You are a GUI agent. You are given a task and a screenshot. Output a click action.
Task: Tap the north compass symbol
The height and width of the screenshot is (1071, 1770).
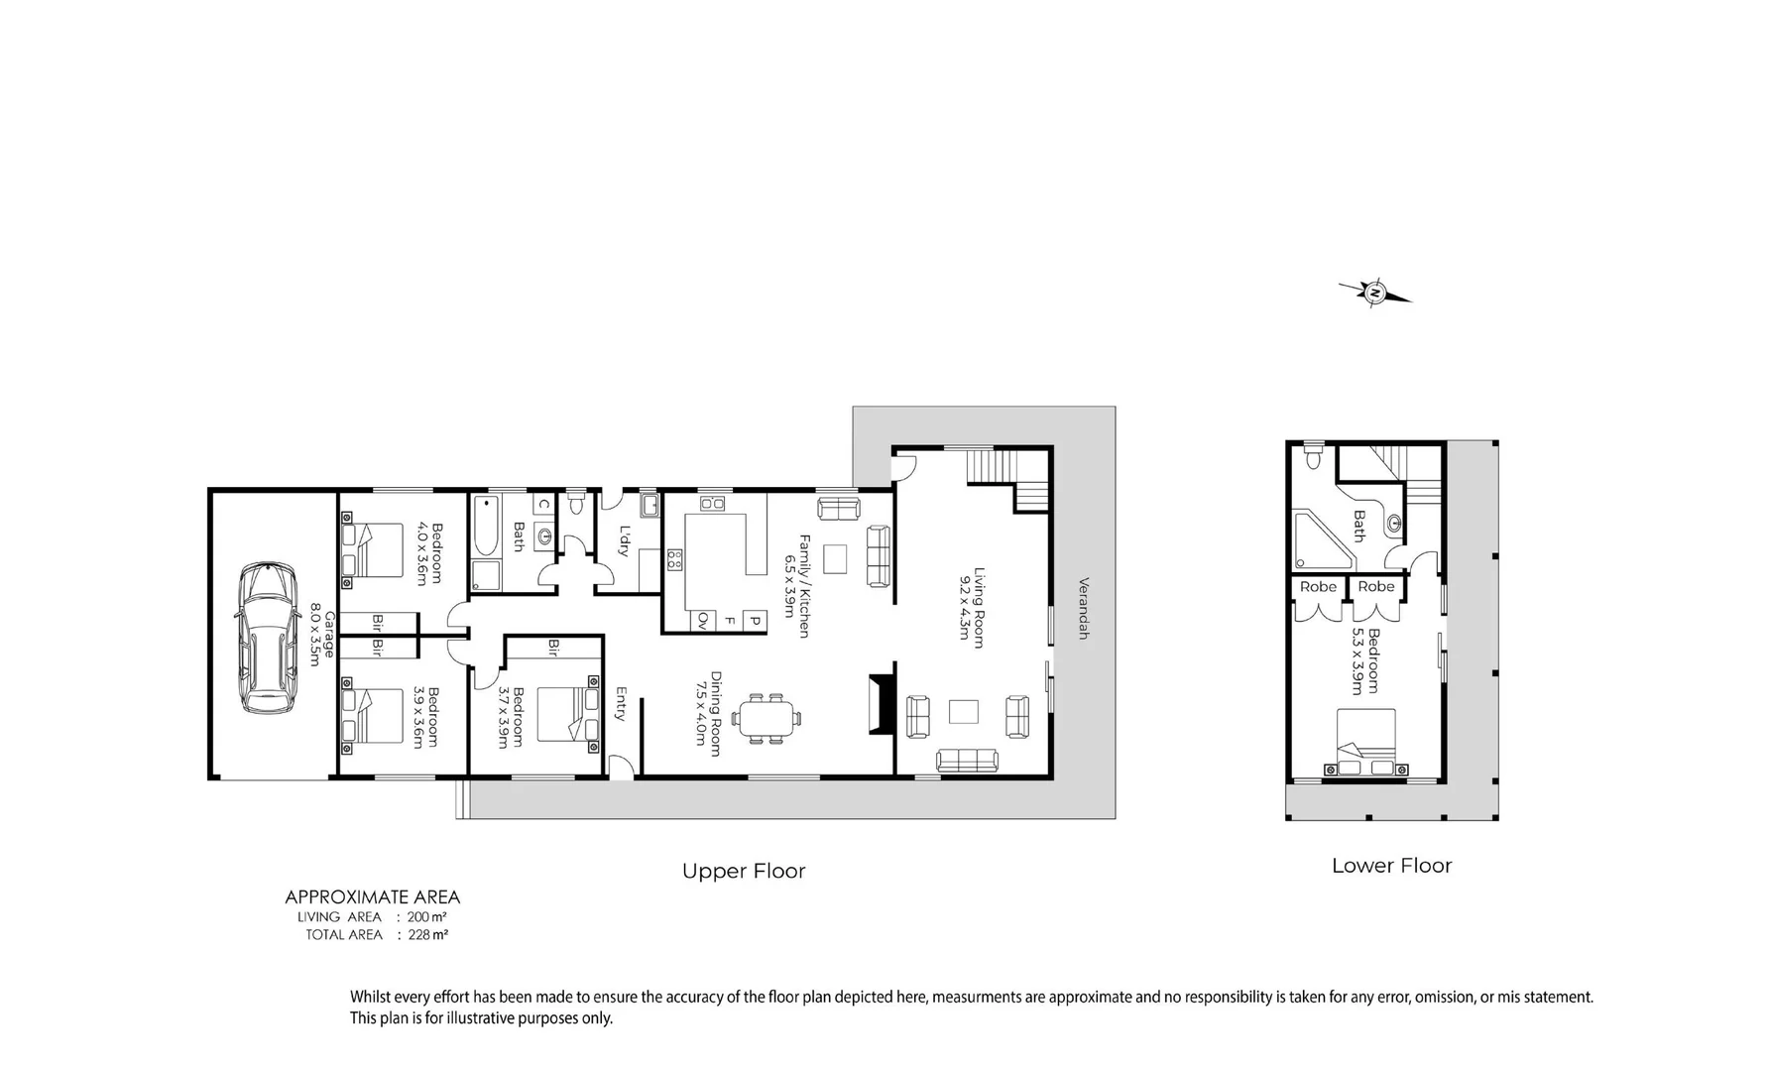point(1375,293)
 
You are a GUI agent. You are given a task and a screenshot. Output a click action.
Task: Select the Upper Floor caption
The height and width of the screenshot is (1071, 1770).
point(744,872)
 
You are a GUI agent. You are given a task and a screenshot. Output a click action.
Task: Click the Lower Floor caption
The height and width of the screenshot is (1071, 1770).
point(1391,866)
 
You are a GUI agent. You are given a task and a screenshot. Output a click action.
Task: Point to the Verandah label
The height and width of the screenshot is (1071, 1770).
point(1083,608)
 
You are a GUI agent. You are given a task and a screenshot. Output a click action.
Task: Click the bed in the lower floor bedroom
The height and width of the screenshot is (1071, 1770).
point(1365,742)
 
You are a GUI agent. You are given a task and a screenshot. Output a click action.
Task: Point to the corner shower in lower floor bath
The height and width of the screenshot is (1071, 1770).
point(1321,540)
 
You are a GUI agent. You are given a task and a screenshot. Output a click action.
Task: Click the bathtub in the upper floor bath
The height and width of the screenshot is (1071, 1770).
point(485,526)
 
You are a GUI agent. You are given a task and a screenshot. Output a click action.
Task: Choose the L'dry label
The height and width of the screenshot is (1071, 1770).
point(624,540)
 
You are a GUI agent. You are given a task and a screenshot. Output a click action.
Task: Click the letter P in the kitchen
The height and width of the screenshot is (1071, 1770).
point(754,621)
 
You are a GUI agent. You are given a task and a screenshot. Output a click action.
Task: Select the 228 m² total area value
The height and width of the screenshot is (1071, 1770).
point(428,935)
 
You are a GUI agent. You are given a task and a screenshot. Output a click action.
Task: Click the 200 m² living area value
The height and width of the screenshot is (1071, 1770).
point(427,917)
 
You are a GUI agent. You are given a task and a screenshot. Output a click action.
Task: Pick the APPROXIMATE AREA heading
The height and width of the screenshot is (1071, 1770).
point(372,897)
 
